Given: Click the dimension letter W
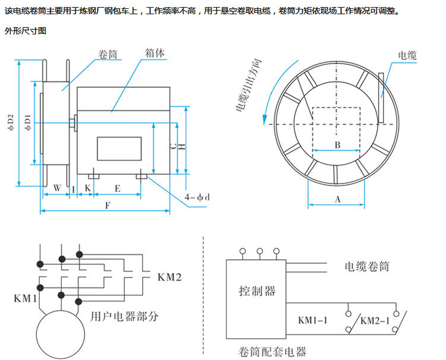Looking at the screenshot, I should coord(57,188).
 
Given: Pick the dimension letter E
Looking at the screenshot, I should coord(118,188).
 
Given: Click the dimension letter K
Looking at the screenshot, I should coord(88,188).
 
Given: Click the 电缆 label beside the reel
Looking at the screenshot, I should coord(407,56).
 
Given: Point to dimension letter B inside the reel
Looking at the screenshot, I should coord(336,145).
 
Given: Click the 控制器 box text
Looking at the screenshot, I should coord(257,290).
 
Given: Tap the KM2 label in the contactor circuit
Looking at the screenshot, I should coord(169,277).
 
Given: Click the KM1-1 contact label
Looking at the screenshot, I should coord(313,321).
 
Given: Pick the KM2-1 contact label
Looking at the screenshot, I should coord(376,321).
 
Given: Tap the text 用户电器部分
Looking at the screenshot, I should coord(124,316).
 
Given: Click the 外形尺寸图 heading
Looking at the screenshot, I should coord(25,30).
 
